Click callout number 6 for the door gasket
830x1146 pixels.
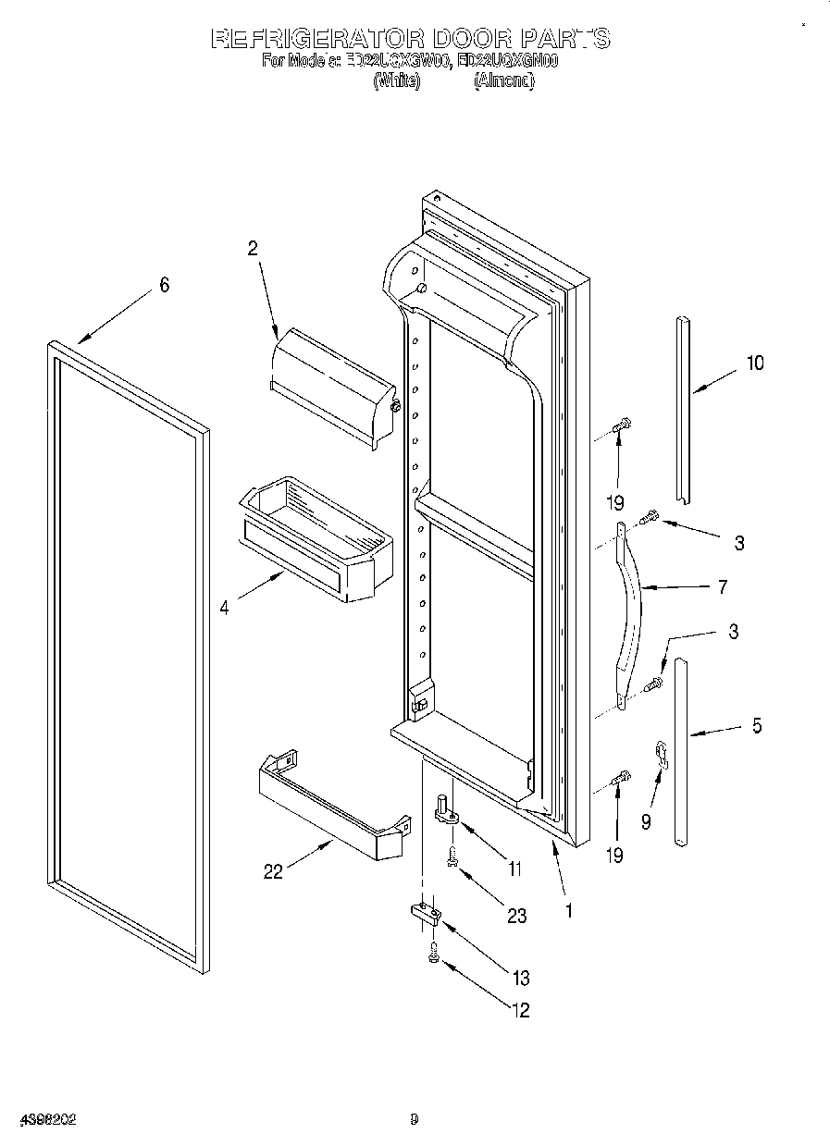164,285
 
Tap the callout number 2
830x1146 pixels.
252,248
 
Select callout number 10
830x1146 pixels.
755,363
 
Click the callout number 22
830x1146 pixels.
273,871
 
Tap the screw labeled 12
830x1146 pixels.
433,956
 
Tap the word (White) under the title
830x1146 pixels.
397,81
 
